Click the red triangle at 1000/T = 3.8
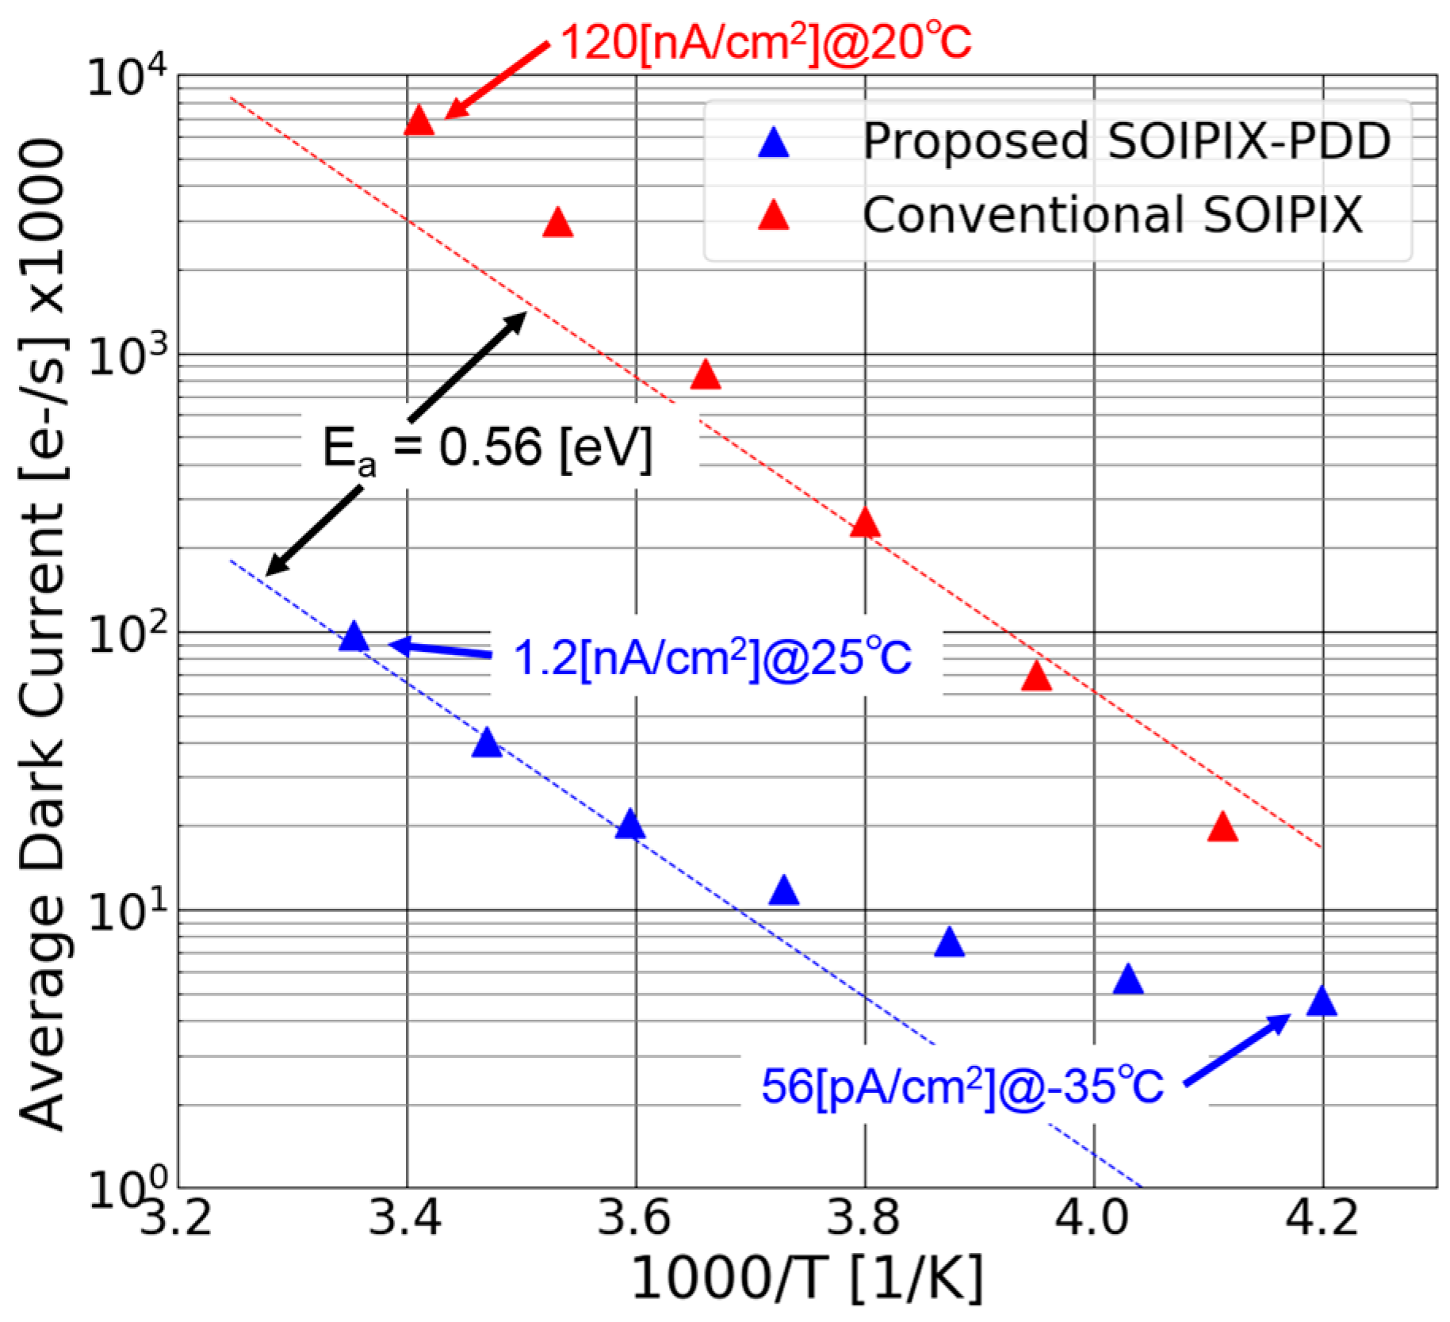[x=865, y=524]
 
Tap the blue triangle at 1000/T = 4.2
[x=1322, y=1002]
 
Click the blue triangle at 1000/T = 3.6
[x=630, y=826]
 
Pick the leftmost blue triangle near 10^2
[x=354, y=637]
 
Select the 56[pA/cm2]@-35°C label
[x=962, y=1086]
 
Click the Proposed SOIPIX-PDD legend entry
[x=1126, y=142]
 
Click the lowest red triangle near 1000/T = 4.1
[x=1223, y=828]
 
